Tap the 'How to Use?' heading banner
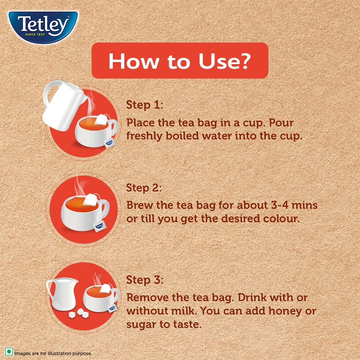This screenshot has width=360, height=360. tap(180, 60)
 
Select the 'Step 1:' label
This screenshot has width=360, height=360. tap(145, 105)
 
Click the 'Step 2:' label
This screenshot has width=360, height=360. tap(144, 188)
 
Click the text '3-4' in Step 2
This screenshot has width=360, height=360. tap(276, 205)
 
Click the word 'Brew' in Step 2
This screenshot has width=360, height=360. tap(138, 205)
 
